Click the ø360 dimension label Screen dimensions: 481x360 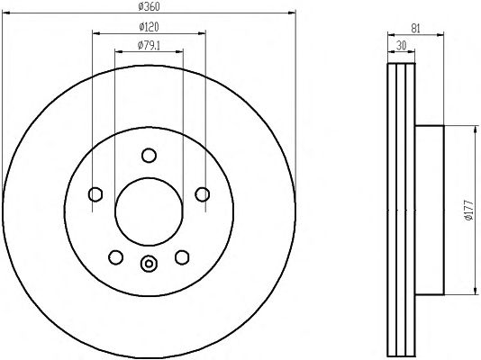tap(149, 6)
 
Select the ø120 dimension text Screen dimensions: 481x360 tap(149, 27)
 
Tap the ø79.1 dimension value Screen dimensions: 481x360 tap(149, 45)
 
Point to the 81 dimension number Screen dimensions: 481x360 tap(415, 29)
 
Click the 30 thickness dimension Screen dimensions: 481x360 tap(401, 46)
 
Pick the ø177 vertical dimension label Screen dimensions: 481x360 tap(469, 211)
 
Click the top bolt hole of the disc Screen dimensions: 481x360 tap(150, 156)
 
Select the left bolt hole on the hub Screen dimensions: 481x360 tap(95, 194)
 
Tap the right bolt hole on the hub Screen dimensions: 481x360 tap(203, 194)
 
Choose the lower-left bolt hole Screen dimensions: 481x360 tap(116, 257)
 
